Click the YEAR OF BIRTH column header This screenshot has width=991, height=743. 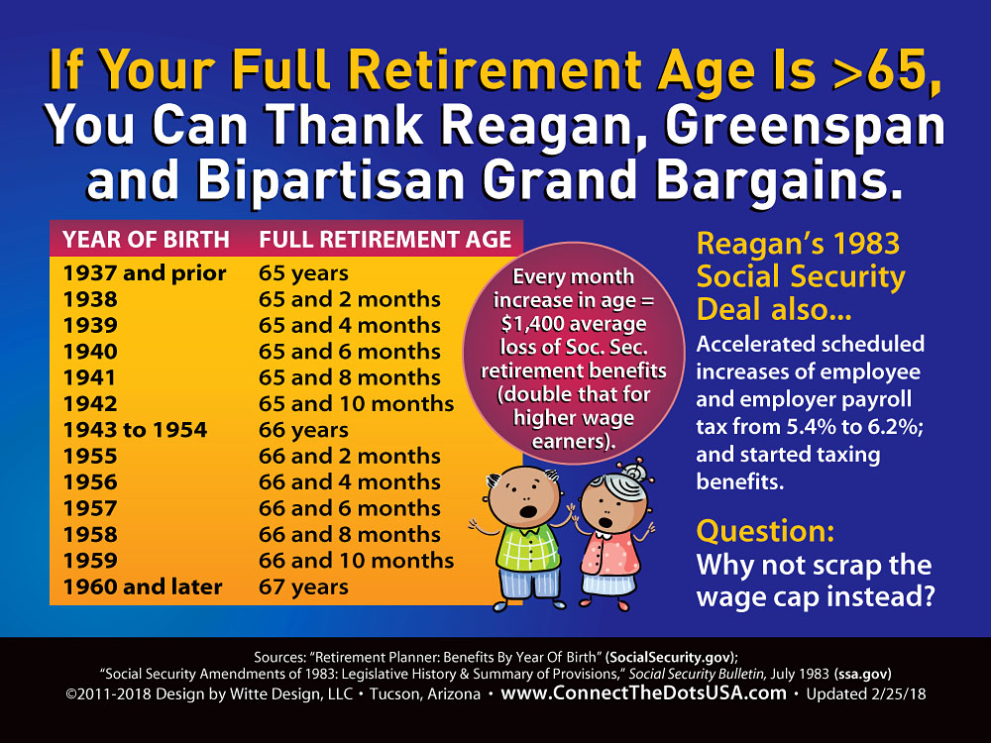pos(146,240)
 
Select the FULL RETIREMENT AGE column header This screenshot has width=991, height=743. pos(385,240)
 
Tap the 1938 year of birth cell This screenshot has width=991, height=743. pos(90,299)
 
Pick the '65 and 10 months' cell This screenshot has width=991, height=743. pos(356,404)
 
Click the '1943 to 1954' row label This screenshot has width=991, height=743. pos(135,430)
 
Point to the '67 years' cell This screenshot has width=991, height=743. pos(303,586)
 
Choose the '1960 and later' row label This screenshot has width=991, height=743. pos(143,586)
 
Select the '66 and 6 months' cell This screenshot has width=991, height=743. pos(350,508)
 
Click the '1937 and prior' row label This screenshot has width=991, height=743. pos(145,273)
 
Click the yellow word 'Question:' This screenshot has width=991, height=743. pos(765,531)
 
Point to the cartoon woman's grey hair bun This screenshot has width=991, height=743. pos(632,472)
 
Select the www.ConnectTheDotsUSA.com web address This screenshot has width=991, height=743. pos(643,693)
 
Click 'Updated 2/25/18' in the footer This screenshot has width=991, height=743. pos(866,693)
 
